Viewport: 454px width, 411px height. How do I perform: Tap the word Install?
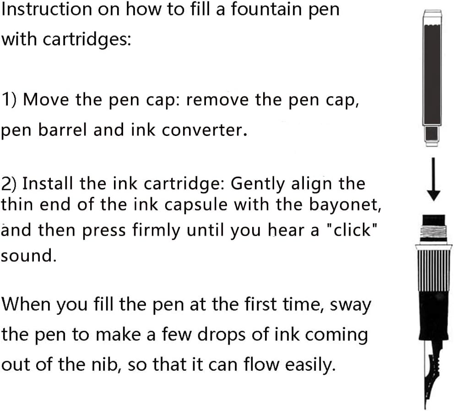[48, 184]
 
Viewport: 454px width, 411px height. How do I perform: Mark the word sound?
[28, 255]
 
